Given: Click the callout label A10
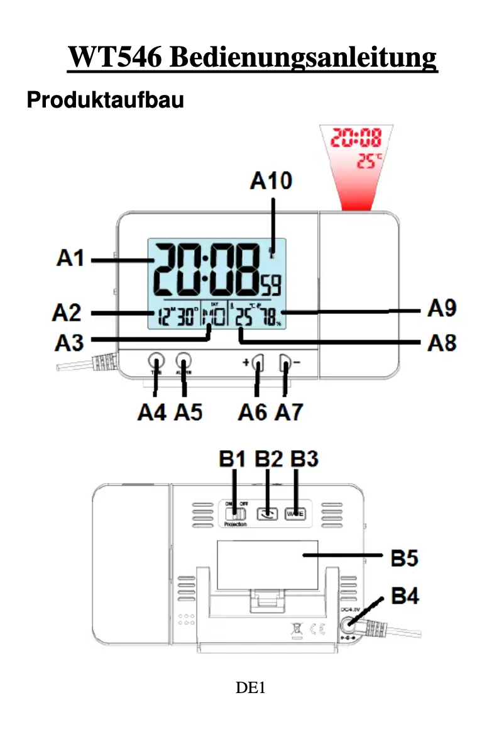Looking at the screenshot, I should click(271, 181).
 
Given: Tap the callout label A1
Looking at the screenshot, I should click(70, 258).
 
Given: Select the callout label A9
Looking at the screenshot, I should click(442, 309).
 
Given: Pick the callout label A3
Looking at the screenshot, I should click(70, 343).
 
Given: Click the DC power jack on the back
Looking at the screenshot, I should click(348, 625).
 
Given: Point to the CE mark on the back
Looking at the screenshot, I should click(319, 627).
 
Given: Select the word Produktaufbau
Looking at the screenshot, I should click(105, 100).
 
